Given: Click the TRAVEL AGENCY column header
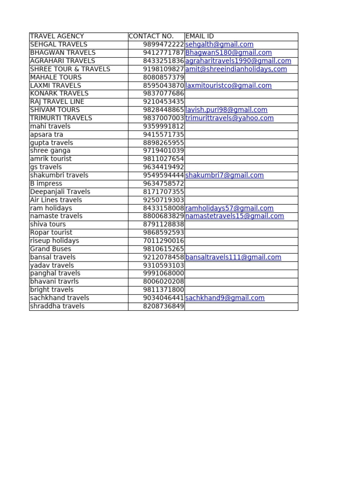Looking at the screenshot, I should point(57,36).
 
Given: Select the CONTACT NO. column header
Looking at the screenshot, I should point(151,36).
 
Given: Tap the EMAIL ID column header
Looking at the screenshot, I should point(200,36).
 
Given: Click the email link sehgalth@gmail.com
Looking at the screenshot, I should point(219,45).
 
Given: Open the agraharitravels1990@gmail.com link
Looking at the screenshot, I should point(238,61).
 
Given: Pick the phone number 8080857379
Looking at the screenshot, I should point(164,77).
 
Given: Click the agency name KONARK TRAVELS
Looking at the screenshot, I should point(59,93).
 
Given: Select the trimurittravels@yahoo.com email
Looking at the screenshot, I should point(229,118).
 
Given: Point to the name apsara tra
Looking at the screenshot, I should point(46,135).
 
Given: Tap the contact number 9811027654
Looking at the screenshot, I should point(164,159).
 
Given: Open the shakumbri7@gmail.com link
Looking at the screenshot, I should point(225,175).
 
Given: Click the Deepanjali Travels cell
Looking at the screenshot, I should point(60,192).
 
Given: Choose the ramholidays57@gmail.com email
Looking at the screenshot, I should point(229,208).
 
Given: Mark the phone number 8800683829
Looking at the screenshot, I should point(164,216).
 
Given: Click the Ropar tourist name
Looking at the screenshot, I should point(51,232).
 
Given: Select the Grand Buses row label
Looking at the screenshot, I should point(51,249).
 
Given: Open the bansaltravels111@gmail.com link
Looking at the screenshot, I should point(233,257).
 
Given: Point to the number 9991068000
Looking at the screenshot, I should point(164,273).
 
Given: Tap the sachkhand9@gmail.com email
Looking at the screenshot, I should point(225,298).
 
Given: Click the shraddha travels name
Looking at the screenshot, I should point(57,306).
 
